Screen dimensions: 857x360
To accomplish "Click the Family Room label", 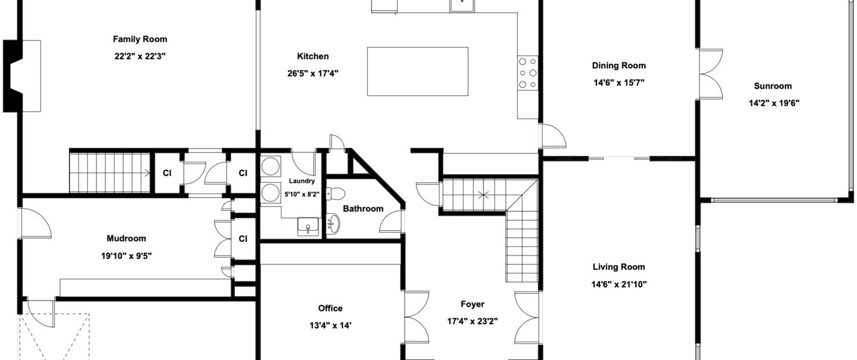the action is (140, 39).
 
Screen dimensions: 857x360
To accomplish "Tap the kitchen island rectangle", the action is (418, 71).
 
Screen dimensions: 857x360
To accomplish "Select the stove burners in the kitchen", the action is (527, 73).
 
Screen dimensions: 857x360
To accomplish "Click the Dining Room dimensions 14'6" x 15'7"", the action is (619, 83).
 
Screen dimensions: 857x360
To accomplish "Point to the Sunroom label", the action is (773, 86).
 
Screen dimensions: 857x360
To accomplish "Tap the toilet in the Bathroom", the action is (335, 194).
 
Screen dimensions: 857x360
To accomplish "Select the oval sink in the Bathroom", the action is (333, 223).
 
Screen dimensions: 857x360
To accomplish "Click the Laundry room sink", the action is (308, 226).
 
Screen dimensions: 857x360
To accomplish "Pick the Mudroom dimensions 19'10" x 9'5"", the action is (126, 256).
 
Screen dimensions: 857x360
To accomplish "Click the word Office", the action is (330, 309).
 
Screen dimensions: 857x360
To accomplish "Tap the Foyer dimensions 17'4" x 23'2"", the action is (472, 321).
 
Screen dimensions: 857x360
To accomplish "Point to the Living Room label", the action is (619, 267).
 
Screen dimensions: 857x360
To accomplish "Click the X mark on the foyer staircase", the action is (483, 195).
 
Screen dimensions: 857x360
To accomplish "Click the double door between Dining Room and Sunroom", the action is (711, 74).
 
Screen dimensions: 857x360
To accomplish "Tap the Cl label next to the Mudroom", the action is (243, 239).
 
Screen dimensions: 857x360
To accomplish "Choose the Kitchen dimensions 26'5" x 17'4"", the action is (313, 74).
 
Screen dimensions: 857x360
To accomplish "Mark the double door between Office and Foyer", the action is (417, 317).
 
